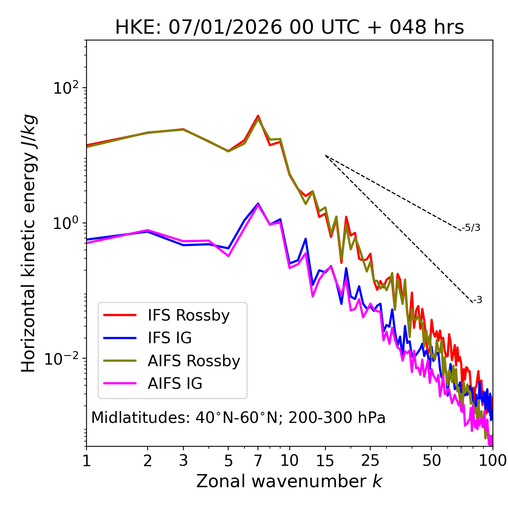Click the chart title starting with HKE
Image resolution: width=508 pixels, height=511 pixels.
pyautogui.click(x=289, y=27)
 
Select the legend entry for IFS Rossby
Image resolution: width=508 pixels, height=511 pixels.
pyautogui.click(x=189, y=315)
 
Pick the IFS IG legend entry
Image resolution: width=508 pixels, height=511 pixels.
pyautogui.click(x=169, y=338)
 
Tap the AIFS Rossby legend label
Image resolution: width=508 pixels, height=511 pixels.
pyautogui.click(x=194, y=361)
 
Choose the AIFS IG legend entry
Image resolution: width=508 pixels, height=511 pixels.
pyautogui.click(x=175, y=384)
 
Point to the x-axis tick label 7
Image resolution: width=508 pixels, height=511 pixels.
pyautogui.click(x=258, y=461)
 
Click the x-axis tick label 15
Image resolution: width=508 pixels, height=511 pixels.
pyautogui.click(x=325, y=461)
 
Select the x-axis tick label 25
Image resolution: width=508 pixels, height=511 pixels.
pyautogui.click(x=370, y=461)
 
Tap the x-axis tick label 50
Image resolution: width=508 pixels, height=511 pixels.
pyautogui.click(x=431, y=461)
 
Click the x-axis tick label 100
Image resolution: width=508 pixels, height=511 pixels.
pyautogui.click(x=492, y=461)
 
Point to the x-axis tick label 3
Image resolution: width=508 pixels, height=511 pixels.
pyautogui.click(x=183, y=461)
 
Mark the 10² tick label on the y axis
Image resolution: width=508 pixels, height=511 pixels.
pyautogui.click(x=66, y=88)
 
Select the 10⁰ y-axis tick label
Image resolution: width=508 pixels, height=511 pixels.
pyautogui.click(x=66, y=223)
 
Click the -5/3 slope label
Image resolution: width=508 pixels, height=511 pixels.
pyautogui.click(x=471, y=228)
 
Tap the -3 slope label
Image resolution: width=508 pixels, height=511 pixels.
pyautogui.click(x=477, y=300)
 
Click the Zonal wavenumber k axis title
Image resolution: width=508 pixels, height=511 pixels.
pyautogui.click(x=289, y=481)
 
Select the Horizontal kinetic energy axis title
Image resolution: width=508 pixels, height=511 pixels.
pyautogui.click(x=29, y=243)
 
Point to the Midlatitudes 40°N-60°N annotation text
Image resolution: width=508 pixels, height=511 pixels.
pyautogui.click(x=238, y=418)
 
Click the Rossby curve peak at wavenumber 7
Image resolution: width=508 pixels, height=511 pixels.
pyautogui.click(x=258, y=116)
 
